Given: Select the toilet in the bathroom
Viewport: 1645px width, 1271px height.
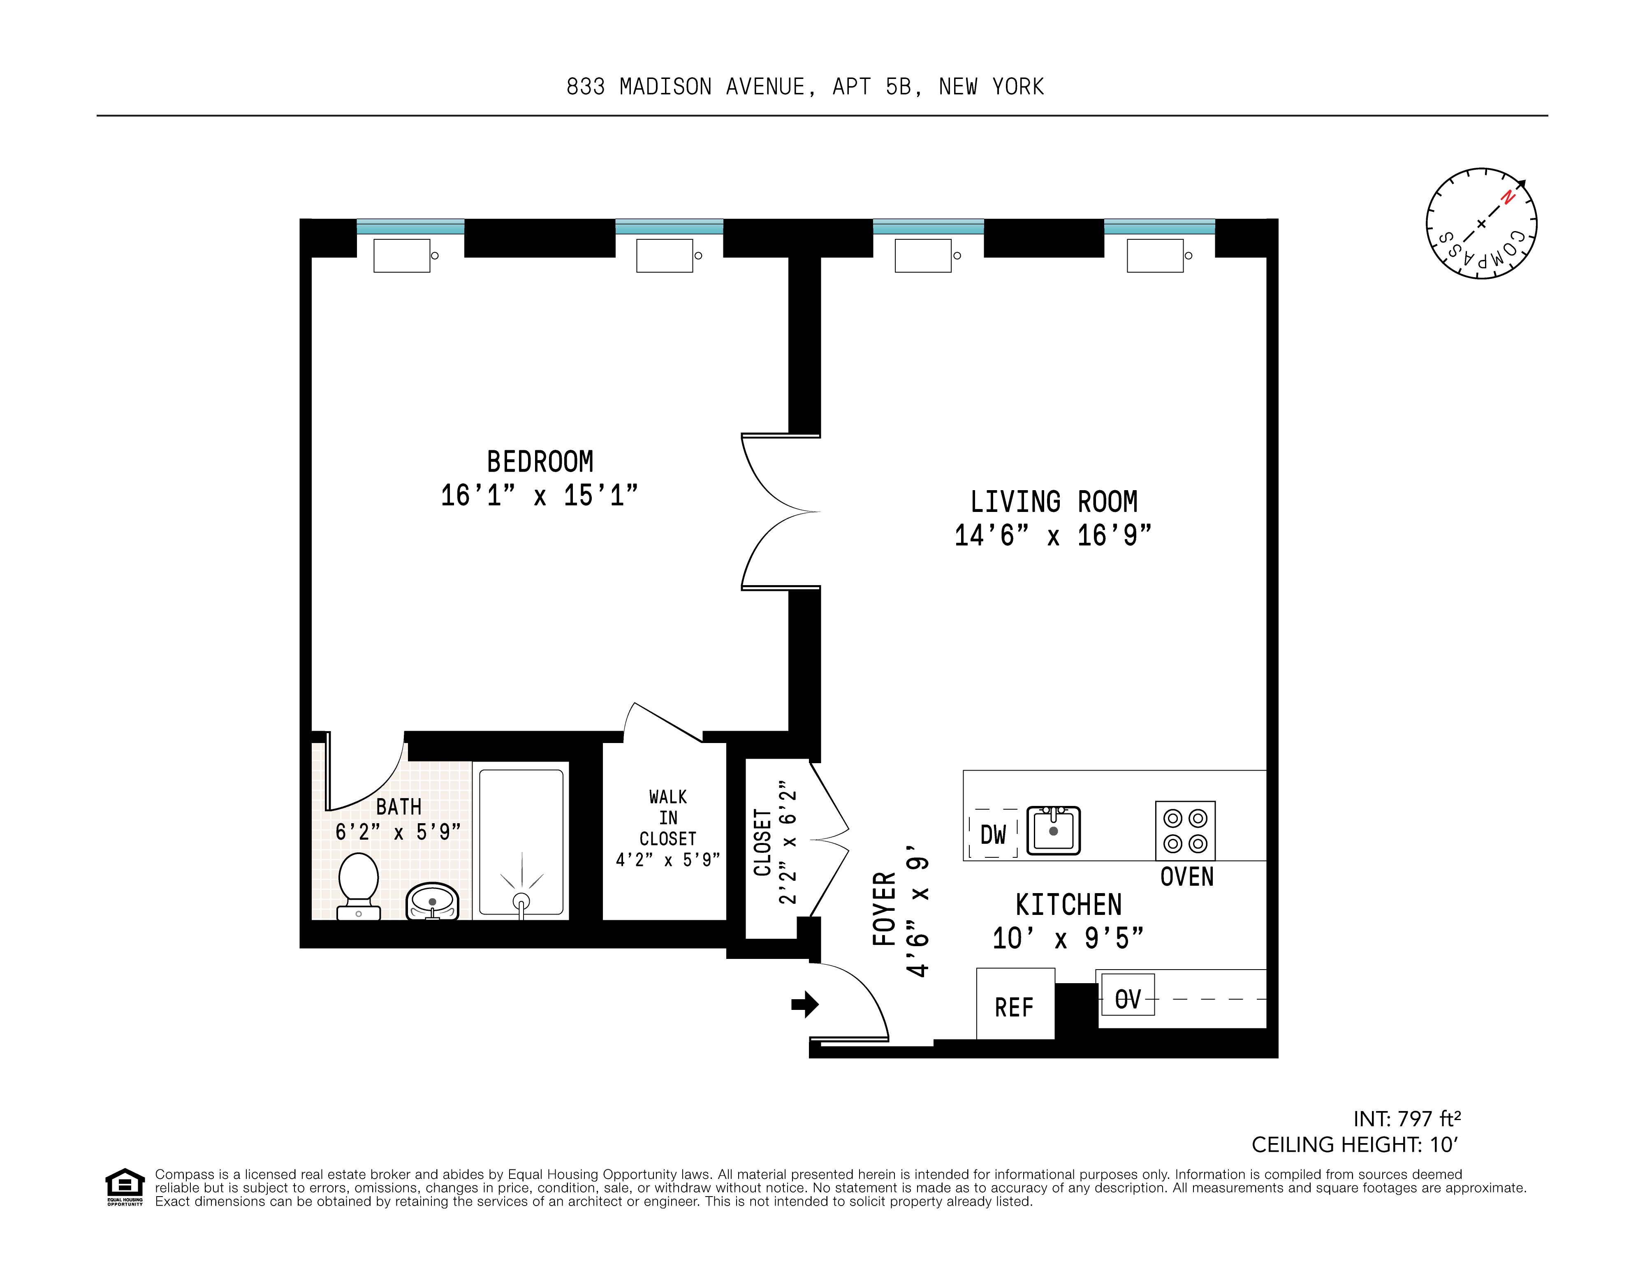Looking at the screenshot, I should pos(359,885).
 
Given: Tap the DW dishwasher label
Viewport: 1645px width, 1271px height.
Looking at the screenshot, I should pos(993,834).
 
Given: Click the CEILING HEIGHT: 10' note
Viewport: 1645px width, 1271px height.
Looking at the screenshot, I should pos(1354,1144).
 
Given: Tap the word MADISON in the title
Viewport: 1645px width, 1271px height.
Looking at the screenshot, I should pos(665,87).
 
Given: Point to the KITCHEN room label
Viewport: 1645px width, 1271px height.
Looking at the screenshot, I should pos(1068,904).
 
